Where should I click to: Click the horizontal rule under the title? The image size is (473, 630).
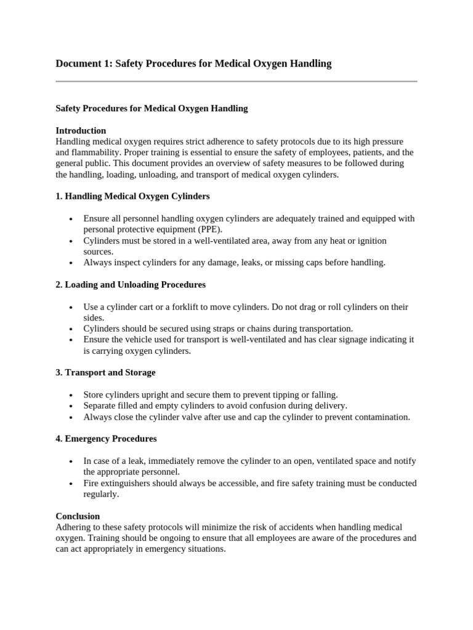[x=236, y=81]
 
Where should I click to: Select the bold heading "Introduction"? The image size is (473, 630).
[x=81, y=130]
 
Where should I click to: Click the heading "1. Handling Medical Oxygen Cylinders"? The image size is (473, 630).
[x=132, y=196]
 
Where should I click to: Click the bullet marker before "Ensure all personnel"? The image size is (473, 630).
[x=72, y=219]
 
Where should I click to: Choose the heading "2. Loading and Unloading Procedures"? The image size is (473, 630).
[x=131, y=285]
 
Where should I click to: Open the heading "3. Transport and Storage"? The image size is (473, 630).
[x=105, y=373]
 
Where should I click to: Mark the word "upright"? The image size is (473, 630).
[x=157, y=395]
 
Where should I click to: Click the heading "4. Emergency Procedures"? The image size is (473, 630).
[x=106, y=439]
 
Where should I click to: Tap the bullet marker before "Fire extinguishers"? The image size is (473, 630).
[x=72, y=484]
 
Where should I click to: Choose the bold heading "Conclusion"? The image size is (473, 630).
[x=78, y=516]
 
